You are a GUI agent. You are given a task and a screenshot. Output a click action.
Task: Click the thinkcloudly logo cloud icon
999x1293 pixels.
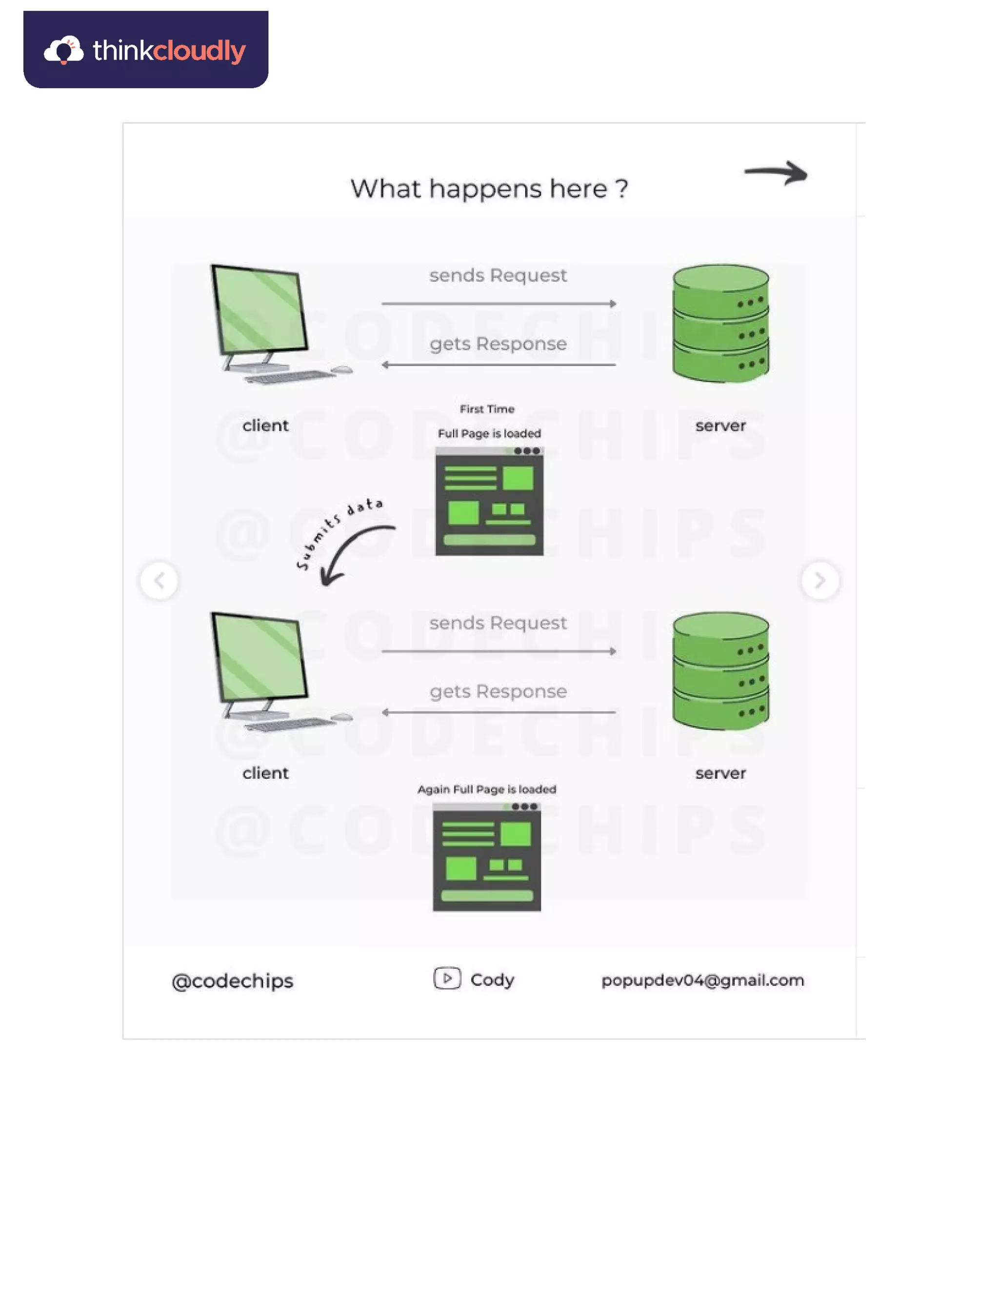point(63,50)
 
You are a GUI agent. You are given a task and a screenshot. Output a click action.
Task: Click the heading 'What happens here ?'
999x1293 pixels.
point(489,189)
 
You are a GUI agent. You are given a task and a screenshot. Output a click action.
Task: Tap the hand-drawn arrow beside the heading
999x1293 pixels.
point(776,173)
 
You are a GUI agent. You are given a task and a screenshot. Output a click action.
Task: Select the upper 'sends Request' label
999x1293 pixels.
point(498,275)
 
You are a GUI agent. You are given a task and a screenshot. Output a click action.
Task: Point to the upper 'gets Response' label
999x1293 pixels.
point(498,344)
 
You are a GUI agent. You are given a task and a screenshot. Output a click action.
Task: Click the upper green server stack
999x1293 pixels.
point(720,323)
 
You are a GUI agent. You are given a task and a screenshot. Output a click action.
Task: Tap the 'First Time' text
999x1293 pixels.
point(487,409)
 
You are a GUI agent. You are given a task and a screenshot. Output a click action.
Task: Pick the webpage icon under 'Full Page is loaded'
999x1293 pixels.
point(489,502)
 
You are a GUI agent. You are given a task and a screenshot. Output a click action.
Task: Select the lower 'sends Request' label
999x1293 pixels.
point(498,623)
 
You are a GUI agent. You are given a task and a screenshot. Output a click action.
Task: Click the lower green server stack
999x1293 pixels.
point(720,671)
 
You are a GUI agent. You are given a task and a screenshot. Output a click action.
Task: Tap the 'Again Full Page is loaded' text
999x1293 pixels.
point(486,789)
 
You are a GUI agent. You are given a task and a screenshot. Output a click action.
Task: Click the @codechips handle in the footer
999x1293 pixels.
point(233,981)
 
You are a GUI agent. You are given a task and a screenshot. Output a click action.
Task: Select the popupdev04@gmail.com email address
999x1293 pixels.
point(702,980)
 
